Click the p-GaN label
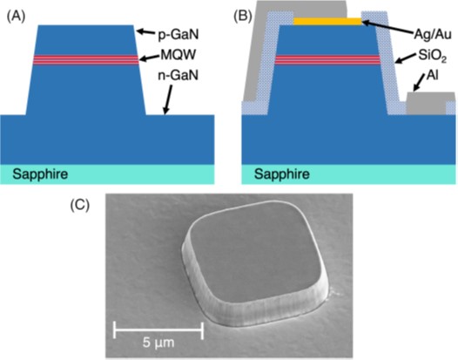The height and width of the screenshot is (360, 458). tap(178, 35)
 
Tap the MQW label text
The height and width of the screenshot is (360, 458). tap(178, 55)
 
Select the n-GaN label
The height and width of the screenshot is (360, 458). tap(178, 75)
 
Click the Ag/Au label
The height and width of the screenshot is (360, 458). tap(433, 35)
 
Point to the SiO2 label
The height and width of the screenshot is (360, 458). tap(432, 56)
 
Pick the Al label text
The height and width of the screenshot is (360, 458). tap(432, 76)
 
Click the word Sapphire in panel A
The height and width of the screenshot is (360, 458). tap(40, 174)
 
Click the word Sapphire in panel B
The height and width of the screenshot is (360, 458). tap(282, 174)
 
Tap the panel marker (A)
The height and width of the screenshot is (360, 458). tap(16, 17)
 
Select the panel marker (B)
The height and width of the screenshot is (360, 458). tap(243, 17)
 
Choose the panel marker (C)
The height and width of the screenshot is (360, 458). tap(80, 206)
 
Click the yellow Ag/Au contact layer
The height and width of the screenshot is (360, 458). tap(327, 21)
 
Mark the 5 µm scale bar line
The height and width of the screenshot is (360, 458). tap(158, 330)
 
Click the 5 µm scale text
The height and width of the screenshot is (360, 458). tap(158, 343)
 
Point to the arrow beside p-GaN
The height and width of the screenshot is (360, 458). tap(146, 31)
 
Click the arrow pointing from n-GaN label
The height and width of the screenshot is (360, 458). tap(168, 98)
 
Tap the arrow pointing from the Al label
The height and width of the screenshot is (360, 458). tap(420, 83)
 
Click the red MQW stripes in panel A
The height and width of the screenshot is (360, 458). tap(85, 60)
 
